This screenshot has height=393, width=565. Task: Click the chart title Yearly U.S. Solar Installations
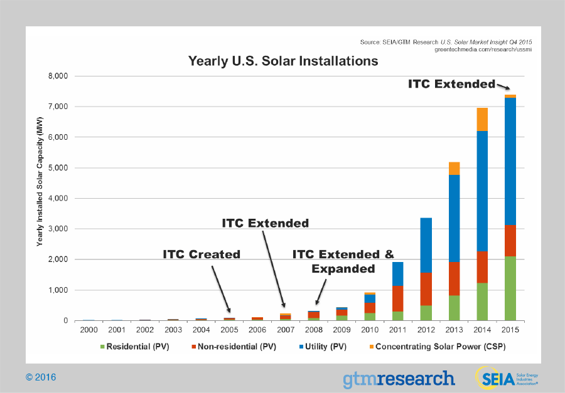pos(283,61)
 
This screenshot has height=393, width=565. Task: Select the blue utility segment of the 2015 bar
pos(510,161)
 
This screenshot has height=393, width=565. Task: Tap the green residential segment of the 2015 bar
pos(510,288)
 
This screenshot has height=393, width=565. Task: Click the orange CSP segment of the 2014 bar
pos(482,119)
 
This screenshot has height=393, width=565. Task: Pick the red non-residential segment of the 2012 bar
pos(426,289)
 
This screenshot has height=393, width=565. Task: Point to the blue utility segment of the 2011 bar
pos(398,274)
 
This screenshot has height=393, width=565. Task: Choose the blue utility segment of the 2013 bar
pos(454,218)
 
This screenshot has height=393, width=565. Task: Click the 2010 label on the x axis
pos(370,330)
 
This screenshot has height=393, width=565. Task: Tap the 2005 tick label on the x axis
pos(229,330)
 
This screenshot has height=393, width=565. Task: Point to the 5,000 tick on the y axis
pos(58,168)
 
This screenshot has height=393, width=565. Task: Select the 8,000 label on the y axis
pos(58,76)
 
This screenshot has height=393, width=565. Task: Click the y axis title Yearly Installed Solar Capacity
pos(40,182)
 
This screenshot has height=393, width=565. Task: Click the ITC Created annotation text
pos(202,254)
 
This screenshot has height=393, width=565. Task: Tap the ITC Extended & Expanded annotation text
pos(343,261)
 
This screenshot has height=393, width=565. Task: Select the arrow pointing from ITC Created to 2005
pos(221,289)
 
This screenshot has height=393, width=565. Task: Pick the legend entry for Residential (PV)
pos(135,347)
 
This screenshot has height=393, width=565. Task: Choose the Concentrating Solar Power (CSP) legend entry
pos(438,347)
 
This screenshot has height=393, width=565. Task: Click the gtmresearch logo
pos(399,379)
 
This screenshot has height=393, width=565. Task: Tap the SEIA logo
pos(507,378)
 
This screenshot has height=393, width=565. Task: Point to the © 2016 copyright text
pos(41,377)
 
